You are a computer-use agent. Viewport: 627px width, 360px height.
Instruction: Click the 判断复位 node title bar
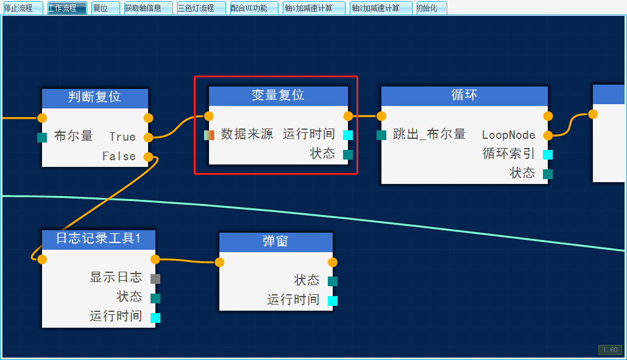coord(94,97)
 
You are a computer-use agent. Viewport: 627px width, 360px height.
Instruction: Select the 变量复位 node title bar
coord(278,96)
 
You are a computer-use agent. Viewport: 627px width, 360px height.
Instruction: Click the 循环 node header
coord(464,96)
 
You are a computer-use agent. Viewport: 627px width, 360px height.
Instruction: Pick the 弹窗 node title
coord(275,242)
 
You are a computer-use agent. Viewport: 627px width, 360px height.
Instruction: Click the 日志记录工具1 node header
coord(98,239)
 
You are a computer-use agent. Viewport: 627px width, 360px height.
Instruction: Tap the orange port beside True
coord(148,137)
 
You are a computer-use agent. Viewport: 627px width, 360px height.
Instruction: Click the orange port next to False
coord(148,157)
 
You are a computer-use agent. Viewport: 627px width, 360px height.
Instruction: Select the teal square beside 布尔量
coord(42,137)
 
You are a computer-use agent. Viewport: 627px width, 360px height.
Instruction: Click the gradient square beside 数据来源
coord(209,135)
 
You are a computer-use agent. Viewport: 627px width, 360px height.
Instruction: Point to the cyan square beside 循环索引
coord(548,154)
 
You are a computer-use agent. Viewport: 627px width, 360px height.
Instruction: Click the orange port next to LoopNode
coord(548,135)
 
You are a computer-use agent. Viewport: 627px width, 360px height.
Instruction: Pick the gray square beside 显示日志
coord(155,278)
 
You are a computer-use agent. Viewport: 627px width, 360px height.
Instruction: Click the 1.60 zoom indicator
coord(610,350)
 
